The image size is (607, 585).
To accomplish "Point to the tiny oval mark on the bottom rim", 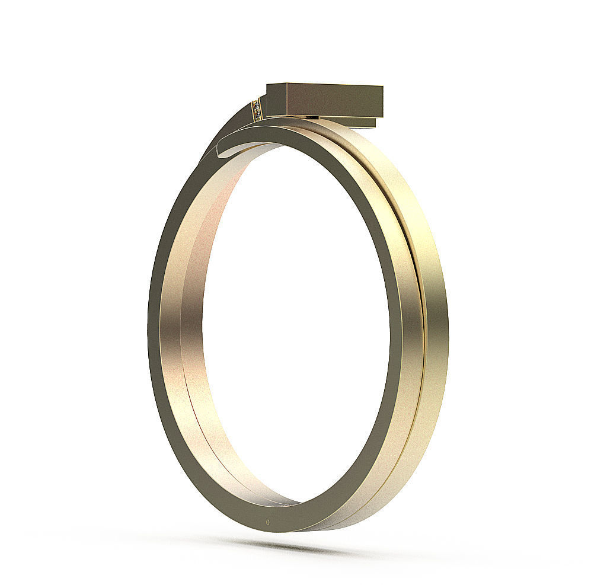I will point(269,522).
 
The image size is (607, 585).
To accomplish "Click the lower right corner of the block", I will point(382,116).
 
